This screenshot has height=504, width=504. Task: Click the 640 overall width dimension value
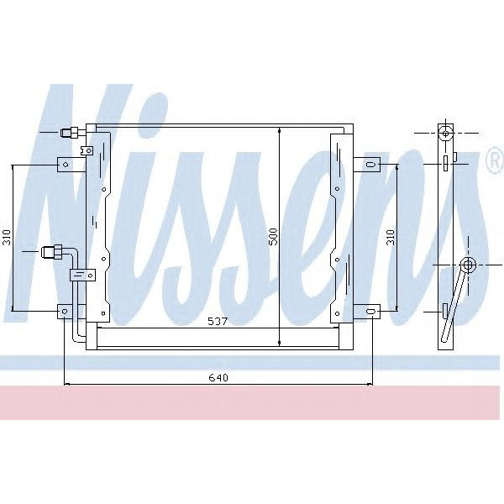tap(218, 377)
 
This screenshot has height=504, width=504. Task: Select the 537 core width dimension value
tap(219, 321)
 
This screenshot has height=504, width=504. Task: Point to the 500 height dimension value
tap(272, 238)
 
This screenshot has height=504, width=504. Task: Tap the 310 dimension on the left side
tap(7, 238)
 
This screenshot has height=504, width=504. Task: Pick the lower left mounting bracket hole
tap(64, 312)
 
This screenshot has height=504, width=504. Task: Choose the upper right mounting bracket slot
tap(370, 165)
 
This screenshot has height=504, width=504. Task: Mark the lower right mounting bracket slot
tap(370, 312)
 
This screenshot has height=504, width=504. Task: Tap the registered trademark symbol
tap(493, 162)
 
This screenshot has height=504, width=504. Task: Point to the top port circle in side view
tap(446, 133)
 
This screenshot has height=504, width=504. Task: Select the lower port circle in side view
tap(469, 265)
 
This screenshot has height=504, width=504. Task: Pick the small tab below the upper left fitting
tap(84, 151)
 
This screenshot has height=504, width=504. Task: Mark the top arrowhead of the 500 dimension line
tap(278, 134)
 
